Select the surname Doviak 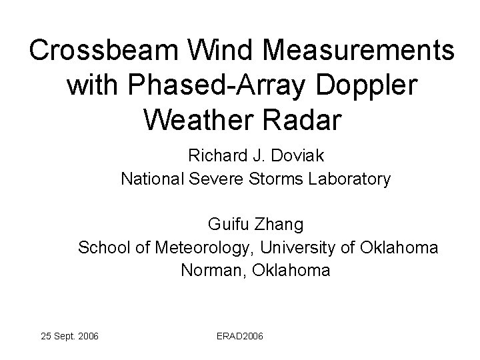(x=297, y=157)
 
